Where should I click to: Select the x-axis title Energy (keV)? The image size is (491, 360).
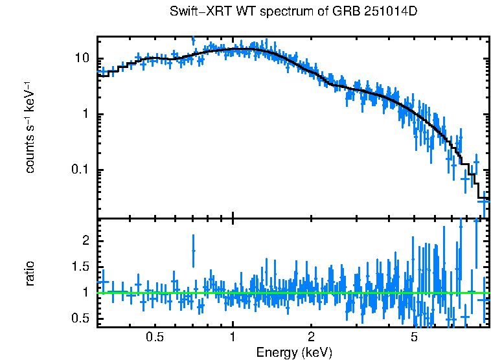(x=294, y=352)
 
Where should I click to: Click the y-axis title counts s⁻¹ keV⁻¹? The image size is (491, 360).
(x=30, y=127)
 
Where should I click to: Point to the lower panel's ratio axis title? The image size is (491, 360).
(x=30, y=273)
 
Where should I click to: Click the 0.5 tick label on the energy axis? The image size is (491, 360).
(x=154, y=338)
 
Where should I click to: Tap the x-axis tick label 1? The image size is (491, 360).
(x=233, y=338)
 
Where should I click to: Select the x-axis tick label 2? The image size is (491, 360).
(x=311, y=338)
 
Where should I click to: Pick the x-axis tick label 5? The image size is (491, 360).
(x=414, y=338)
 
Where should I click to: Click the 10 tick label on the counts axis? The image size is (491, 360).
(x=82, y=58)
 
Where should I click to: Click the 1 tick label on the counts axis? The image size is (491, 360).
(x=86, y=115)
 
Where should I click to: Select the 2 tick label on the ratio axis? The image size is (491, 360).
(x=86, y=240)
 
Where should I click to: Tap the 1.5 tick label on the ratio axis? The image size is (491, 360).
(x=81, y=267)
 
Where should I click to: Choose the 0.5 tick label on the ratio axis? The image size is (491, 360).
(x=81, y=319)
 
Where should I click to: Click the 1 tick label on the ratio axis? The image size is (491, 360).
(x=86, y=293)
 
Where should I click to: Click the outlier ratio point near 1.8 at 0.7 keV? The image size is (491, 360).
(x=193, y=250)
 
